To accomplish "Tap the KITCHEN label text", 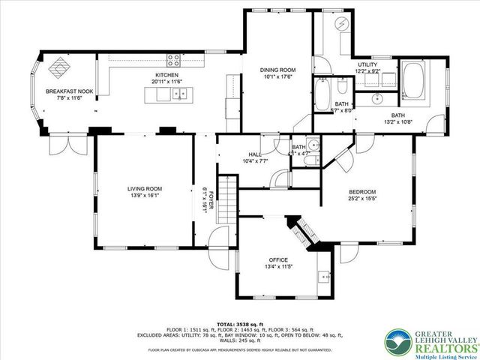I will click(x=166, y=76).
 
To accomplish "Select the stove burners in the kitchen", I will click(x=174, y=61).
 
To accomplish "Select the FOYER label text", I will click(x=211, y=200).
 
